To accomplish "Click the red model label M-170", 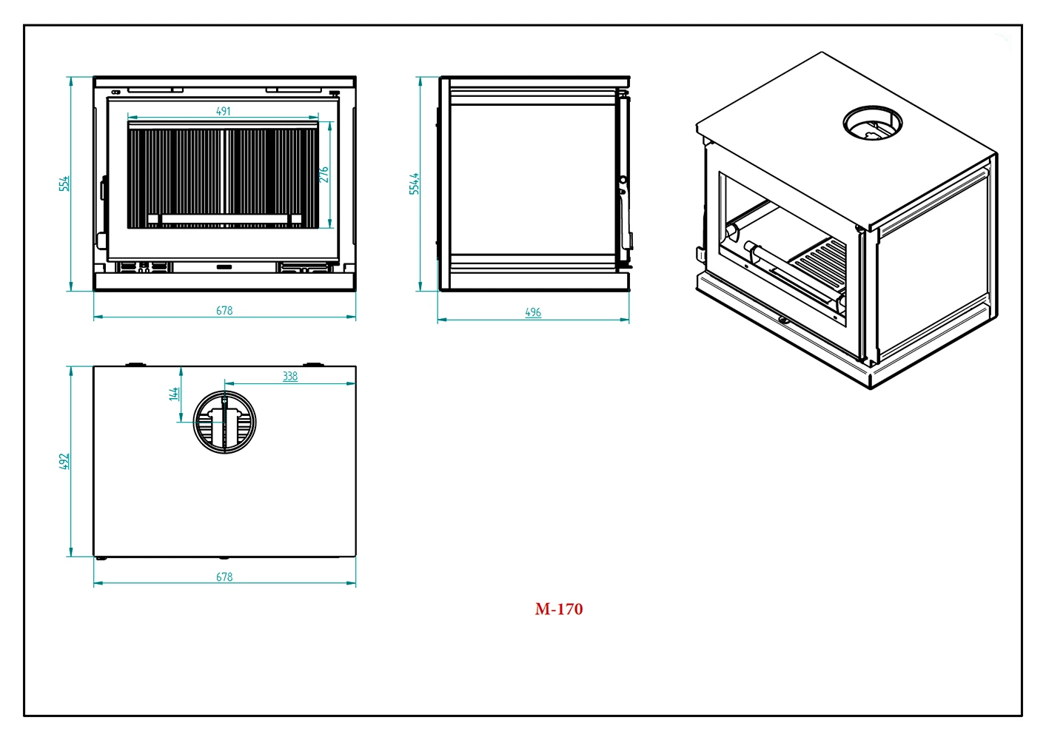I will pyautogui.click(x=559, y=609).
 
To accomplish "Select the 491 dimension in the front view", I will pyautogui.click(x=224, y=111).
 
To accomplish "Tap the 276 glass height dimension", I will pyautogui.click(x=323, y=175).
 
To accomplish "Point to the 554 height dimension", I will pyautogui.click(x=64, y=183).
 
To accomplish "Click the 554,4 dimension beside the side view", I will pyautogui.click(x=415, y=184).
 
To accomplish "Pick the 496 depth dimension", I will pyautogui.click(x=533, y=312).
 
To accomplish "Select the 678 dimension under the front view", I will pyautogui.click(x=224, y=311).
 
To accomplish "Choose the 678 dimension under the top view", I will pyautogui.click(x=224, y=576).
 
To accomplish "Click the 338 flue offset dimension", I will pyautogui.click(x=290, y=376).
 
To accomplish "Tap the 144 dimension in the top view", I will pyautogui.click(x=174, y=394).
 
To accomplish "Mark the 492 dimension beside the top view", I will pyautogui.click(x=64, y=461).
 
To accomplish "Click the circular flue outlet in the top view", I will pyautogui.click(x=224, y=423).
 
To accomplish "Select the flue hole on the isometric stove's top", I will pyautogui.click(x=873, y=124).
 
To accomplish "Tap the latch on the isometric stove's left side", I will pyautogui.click(x=700, y=253).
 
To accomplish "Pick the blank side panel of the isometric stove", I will pyautogui.click(x=934, y=270).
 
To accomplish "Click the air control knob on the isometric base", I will pyautogui.click(x=782, y=320).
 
